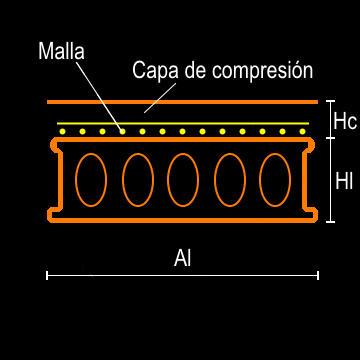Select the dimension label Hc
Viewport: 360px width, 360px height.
pyautogui.click(x=345, y=121)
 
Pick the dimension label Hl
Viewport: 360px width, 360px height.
pyautogui.click(x=344, y=181)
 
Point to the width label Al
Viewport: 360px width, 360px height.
pyautogui.click(x=182, y=258)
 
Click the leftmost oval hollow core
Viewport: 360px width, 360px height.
pyautogui.click(x=91, y=179)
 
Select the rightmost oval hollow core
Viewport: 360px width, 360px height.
pyautogui.click(x=274, y=179)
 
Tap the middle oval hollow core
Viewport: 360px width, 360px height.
pyautogui.click(x=183, y=179)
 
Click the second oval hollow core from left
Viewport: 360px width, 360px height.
pyautogui.click(x=137, y=179)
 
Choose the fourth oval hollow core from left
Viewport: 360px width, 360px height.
pyautogui.click(x=229, y=179)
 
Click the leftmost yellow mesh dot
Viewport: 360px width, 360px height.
pyautogui.click(x=62, y=131)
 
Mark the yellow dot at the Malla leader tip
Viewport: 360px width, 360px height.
pyautogui.click(x=122, y=131)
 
